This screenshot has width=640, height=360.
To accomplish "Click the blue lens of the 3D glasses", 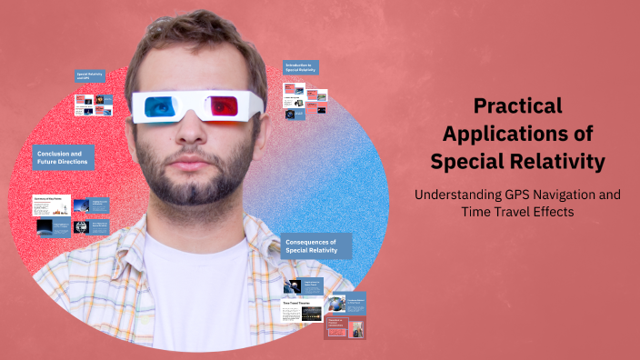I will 160,106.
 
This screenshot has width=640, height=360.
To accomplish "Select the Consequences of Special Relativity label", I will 315,245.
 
